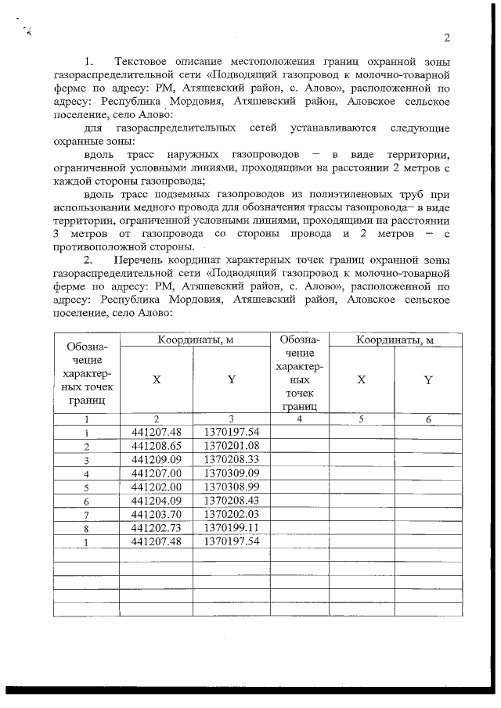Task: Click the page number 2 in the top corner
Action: point(447,39)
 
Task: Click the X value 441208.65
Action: point(157,446)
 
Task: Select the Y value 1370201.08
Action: point(231,446)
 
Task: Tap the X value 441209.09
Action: point(157,460)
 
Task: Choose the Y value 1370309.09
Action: point(231,473)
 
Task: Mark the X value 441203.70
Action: point(157,514)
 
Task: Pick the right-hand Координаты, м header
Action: point(395,340)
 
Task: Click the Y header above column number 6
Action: point(428,380)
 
